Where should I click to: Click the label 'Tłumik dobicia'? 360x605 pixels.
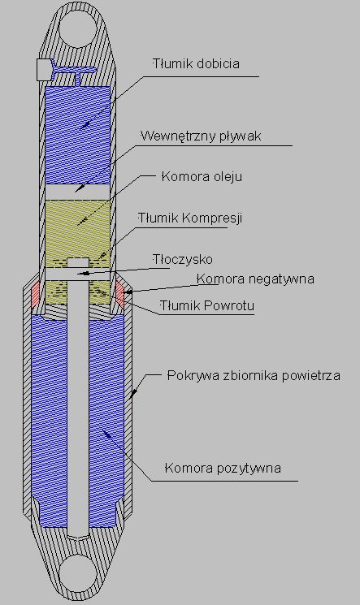pyautogui.click(x=196, y=63)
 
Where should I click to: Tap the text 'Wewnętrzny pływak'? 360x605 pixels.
pyautogui.click(x=201, y=136)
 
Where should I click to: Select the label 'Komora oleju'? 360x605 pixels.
pyautogui.click(x=202, y=177)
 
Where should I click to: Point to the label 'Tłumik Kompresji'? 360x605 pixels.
pyautogui.click(x=190, y=218)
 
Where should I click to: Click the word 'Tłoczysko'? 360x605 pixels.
pyautogui.click(x=182, y=259)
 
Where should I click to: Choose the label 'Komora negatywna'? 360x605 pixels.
pyautogui.click(x=256, y=279)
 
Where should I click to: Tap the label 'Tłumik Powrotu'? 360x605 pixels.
pyautogui.click(x=207, y=306)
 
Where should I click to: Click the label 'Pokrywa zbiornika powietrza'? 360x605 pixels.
pyautogui.click(x=254, y=375)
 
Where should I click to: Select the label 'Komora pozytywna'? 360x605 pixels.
pyautogui.click(x=223, y=469)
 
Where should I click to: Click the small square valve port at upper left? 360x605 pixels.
pyautogui.click(x=45, y=70)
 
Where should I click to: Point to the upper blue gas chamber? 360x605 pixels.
pyautogui.click(x=78, y=135)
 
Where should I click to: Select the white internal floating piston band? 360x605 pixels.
pyautogui.click(x=78, y=192)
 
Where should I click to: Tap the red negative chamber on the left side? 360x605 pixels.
pyautogui.click(x=36, y=294)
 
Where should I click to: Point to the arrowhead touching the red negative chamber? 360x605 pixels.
pyautogui.click(x=128, y=292)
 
